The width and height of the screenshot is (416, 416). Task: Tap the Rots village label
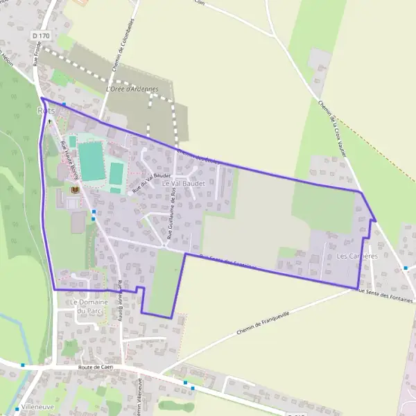tap(45, 110)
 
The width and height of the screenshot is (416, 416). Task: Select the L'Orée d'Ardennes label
tap(132, 89)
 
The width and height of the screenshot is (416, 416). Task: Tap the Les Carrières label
tap(356, 256)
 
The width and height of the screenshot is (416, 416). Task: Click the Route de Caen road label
tap(96, 367)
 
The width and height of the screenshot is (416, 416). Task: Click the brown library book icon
tap(75, 189)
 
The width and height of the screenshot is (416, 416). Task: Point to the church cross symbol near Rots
tap(49, 121)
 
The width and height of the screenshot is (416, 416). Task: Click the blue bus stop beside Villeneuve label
tap(17, 409)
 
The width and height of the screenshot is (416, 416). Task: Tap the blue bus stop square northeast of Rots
tap(64, 105)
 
